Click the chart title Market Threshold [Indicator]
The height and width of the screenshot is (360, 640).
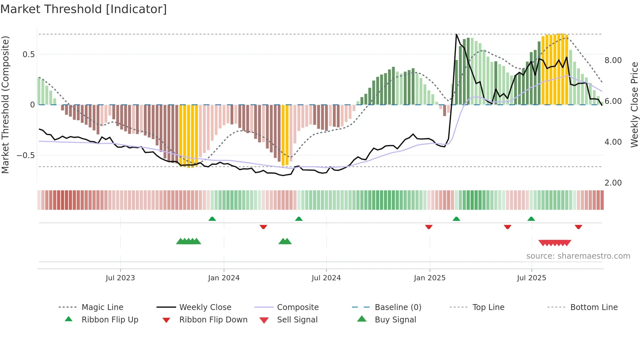[84, 9]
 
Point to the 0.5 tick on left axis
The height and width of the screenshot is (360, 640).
[28, 55]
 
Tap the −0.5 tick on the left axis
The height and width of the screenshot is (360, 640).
[26, 155]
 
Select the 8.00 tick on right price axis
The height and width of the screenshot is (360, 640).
[613, 60]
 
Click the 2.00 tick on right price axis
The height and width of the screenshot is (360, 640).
[613, 183]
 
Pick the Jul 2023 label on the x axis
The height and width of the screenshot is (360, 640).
[120, 278]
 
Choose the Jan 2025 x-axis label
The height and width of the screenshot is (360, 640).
[429, 278]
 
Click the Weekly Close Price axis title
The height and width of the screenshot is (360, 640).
[634, 105]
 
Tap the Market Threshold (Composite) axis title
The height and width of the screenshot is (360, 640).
[5, 105]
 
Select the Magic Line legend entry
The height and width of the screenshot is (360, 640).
[102, 307]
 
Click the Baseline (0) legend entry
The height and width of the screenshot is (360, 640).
[398, 307]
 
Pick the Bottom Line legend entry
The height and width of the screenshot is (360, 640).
[594, 307]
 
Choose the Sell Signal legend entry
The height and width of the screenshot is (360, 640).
[297, 320]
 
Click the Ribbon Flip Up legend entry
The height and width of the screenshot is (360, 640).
[110, 320]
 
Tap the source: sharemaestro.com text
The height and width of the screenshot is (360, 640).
[578, 256]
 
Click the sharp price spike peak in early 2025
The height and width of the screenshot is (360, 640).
[456, 34]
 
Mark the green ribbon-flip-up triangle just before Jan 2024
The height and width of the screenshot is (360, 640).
[212, 219]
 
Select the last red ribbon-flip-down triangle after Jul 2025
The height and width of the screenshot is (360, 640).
[578, 227]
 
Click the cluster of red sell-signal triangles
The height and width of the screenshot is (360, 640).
[554, 243]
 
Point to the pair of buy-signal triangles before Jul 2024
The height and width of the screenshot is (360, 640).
[285, 241]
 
